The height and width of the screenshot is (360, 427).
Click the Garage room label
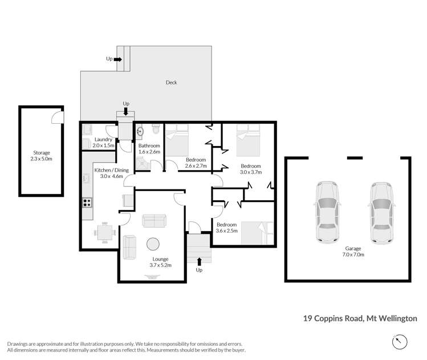(354, 249)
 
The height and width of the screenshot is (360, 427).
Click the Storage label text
(41, 153)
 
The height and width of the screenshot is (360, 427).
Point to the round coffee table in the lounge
(154, 244)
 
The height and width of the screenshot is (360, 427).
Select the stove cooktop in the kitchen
(88, 202)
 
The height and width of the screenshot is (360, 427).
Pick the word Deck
(171, 83)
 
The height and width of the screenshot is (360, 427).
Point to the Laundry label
(103, 139)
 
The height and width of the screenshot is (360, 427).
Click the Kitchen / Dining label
(112, 170)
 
